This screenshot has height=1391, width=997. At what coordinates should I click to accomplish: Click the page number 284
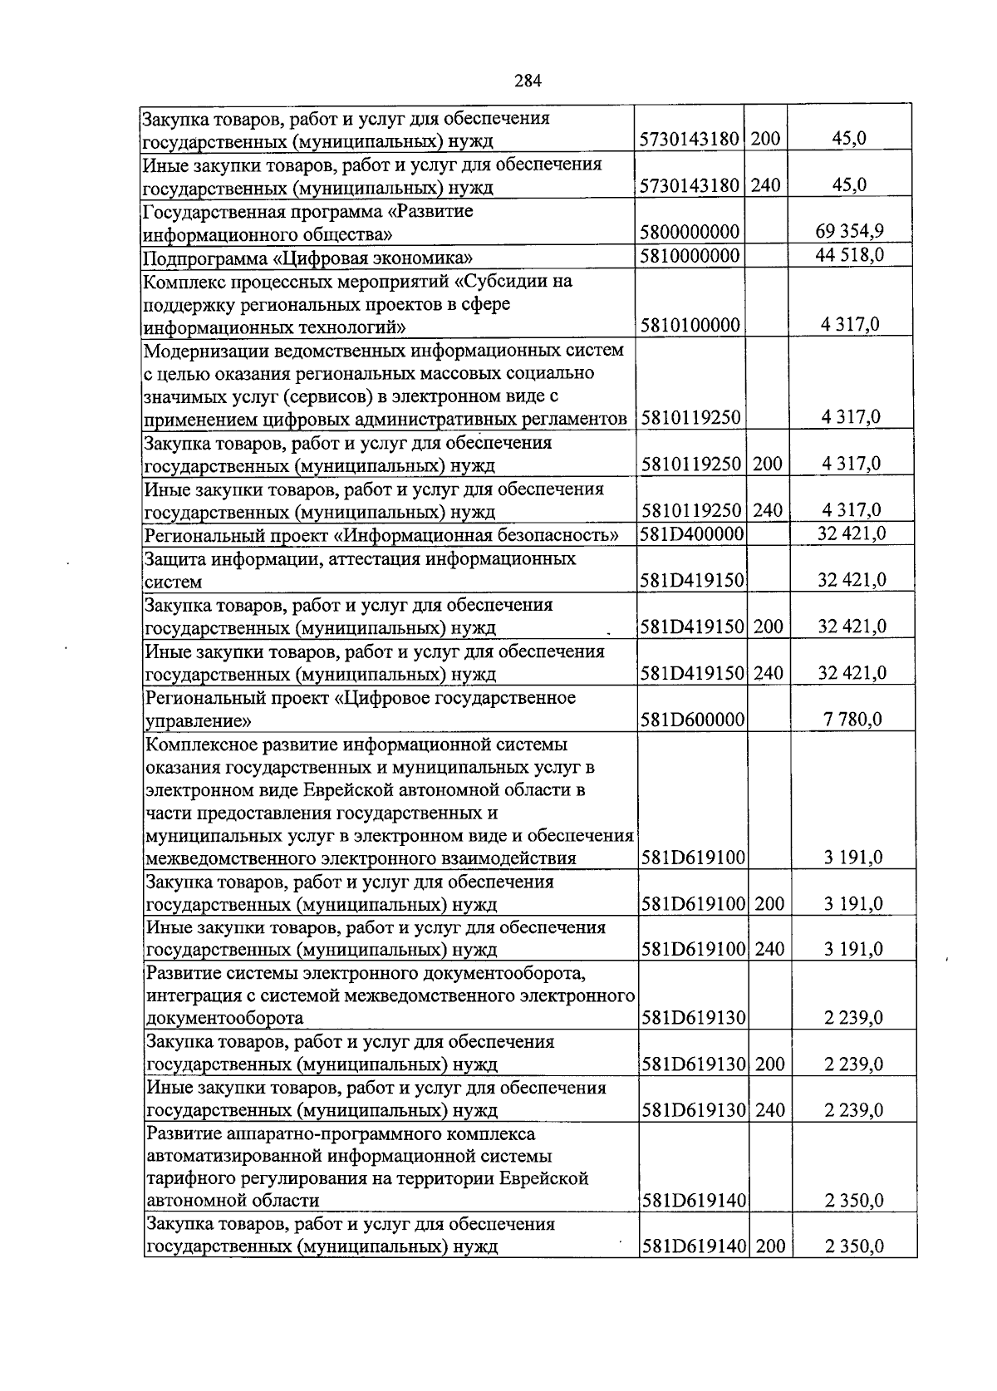[x=528, y=81]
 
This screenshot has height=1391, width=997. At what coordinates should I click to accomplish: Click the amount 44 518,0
[x=849, y=254]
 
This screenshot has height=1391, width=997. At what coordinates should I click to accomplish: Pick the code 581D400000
[x=691, y=533]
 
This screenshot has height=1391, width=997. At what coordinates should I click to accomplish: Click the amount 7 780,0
[x=853, y=719]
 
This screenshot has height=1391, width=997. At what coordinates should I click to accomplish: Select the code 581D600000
[x=692, y=719]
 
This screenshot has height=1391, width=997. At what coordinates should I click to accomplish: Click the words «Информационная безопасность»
[x=482, y=534]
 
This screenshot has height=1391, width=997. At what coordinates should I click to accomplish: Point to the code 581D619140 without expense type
[x=693, y=1200]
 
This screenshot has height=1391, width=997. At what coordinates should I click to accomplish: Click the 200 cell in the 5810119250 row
[x=767, y=464]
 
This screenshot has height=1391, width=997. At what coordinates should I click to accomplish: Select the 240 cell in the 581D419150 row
[x=769, y=672]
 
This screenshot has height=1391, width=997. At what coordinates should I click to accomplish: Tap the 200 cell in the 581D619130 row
[x=769, y=1064]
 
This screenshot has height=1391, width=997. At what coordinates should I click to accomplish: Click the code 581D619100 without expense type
[x=693, y=857]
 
